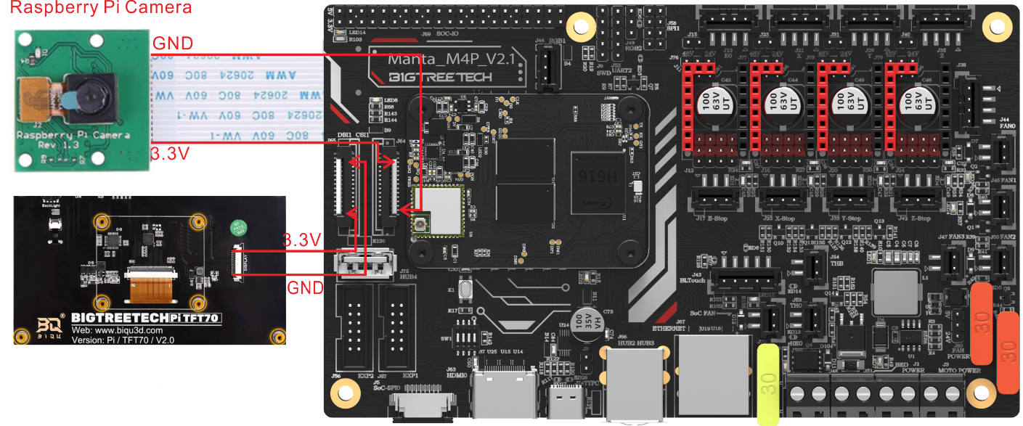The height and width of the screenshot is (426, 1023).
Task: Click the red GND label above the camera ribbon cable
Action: (x=173, y=44)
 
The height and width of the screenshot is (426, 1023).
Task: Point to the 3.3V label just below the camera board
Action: (x=171, y=154)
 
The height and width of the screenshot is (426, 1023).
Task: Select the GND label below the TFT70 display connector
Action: (x=305, y=287)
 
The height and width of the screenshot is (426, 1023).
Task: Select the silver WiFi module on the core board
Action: (x=438, y=211)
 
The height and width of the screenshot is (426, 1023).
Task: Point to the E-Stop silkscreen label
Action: (x=715, y=218)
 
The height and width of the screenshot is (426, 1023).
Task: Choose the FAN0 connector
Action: (x=1003, y=152)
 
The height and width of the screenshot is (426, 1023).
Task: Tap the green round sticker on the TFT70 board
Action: (x=236, y=228)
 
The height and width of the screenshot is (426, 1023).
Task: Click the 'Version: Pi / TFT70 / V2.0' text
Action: (x=123, y=338)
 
